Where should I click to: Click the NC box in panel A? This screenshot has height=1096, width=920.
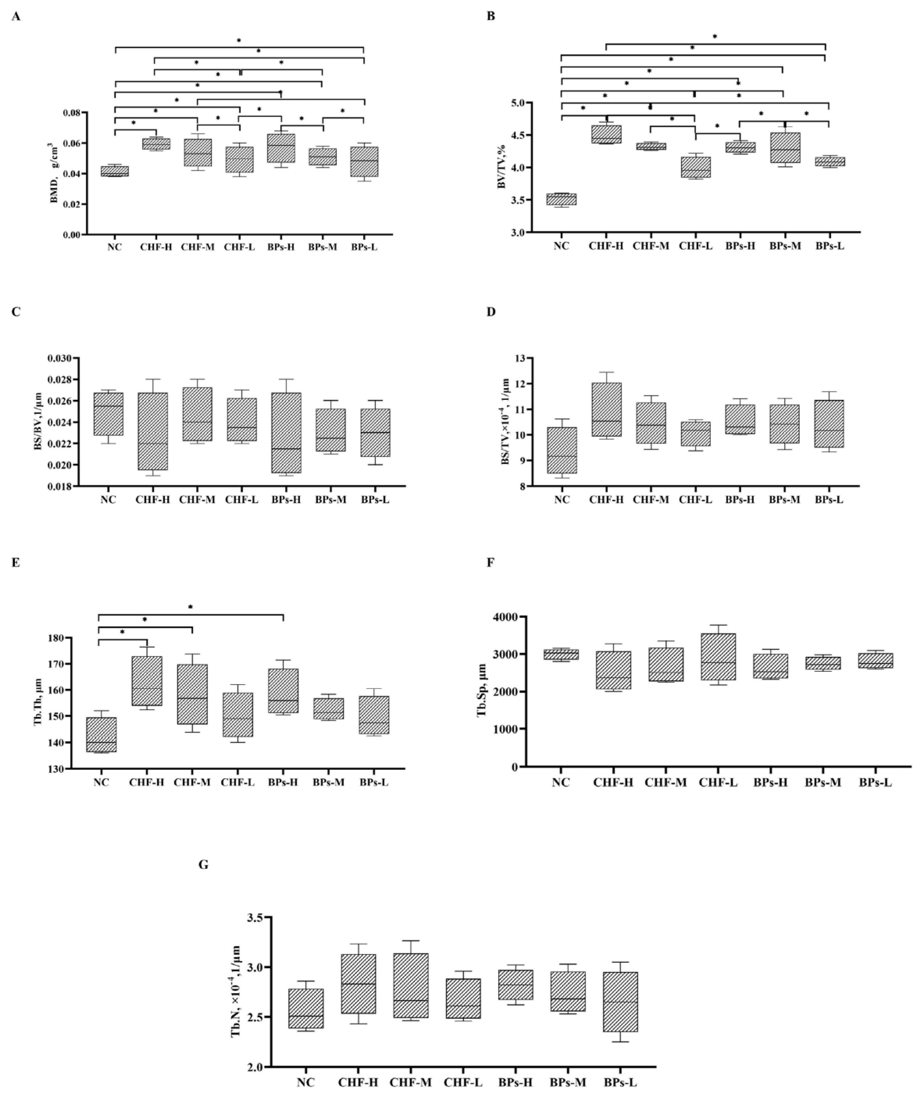click(115, 171)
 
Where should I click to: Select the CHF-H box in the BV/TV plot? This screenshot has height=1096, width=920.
click(606, 134)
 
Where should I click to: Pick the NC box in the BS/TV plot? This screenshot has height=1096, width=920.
click(562, 450)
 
